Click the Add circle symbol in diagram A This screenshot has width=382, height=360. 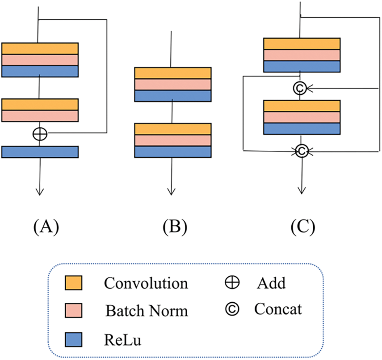click(40, 133)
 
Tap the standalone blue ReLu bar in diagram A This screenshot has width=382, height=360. click(40, 152)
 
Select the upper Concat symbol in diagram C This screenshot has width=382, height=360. click(299, 89)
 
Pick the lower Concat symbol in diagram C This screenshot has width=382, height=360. click(302, 152)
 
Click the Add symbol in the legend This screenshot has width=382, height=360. click(235, 282)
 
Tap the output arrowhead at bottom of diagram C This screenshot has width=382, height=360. click(302, 190)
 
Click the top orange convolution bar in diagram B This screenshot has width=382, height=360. click(172, 73)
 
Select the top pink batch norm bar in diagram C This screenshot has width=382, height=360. click(302, 55)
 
